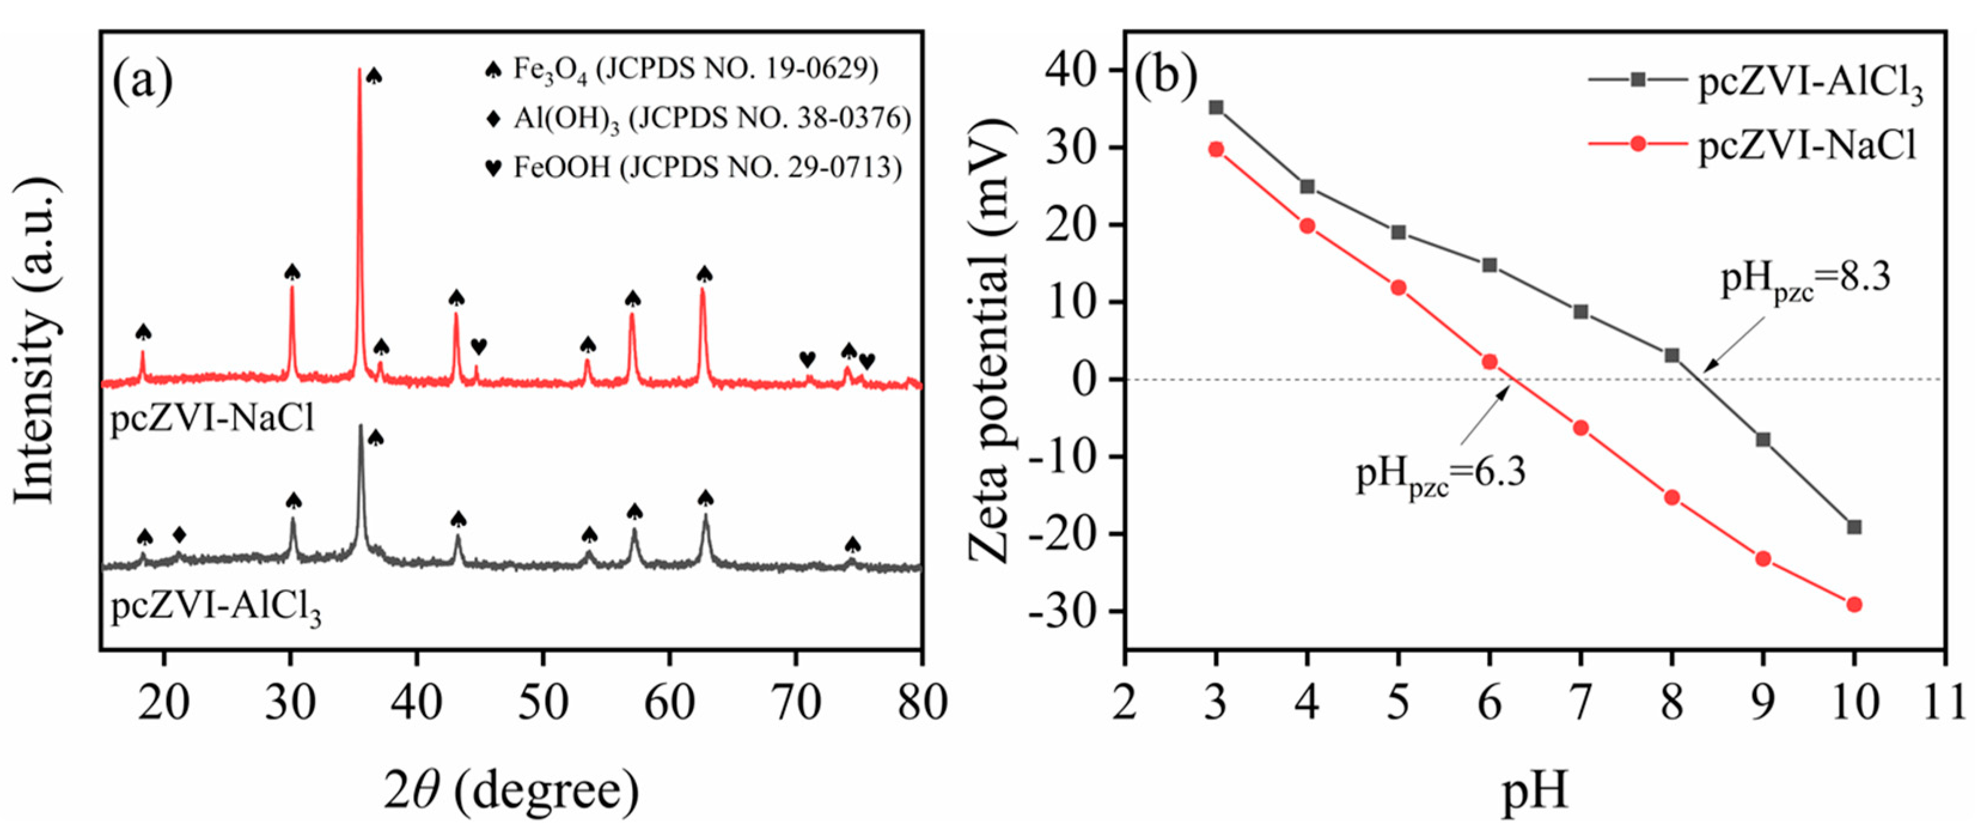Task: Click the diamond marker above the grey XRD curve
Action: [x=179, y=534]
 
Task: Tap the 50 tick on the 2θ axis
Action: [x=543, y=703]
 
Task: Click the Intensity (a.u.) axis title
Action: [x=36, y=341]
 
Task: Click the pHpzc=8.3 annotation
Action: [x=1805, y=282]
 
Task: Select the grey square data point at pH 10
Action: [x=1854, y=527]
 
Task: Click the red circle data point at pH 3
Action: [x=1216, y=149]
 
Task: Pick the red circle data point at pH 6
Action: [x=1489, y=362]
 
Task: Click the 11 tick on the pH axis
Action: [x=1943, y=703]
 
